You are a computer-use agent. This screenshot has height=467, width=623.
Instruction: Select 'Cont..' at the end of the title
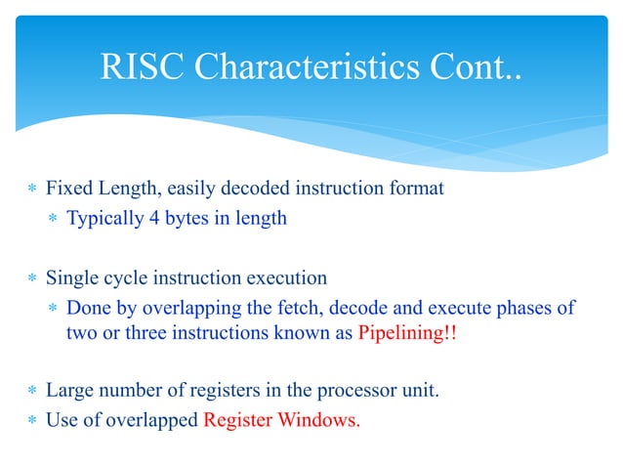(472, 67)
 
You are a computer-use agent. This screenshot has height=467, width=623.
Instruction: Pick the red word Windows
(323, 422)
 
